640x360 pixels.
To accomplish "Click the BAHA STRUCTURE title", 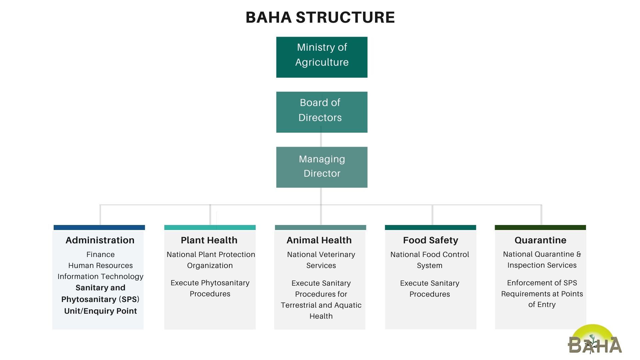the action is (x=320, y=17).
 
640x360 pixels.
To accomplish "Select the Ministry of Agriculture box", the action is (x=322, y=57).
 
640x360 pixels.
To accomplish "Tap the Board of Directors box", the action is (x=322, y=112).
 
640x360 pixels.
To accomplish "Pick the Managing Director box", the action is (x=322, y=167).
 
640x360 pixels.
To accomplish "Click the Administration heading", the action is (x=100, y=240).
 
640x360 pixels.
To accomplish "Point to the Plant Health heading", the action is (x=209, y=240).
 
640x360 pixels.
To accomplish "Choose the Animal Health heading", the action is (x=319, y=240).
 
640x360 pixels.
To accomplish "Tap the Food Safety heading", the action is (x=430, y=240).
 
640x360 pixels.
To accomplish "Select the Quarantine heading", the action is (x=540, y=240).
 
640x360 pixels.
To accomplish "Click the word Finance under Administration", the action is (x=100, y=254).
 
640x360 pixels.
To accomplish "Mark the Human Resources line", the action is (x=100, y=265).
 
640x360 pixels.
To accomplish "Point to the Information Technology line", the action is (x=100, y=277).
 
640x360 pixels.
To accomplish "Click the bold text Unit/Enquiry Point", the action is (x=100, y=311).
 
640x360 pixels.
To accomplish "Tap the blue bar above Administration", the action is (x=99, y=227).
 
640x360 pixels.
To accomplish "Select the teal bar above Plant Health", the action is (x=210, y=227).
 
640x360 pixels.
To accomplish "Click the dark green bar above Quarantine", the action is (x=540, y=227).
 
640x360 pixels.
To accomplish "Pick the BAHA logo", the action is (x=595, y=339).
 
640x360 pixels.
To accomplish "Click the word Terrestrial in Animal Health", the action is (x=298, y=305).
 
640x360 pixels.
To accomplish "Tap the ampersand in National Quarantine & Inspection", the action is (x=579, y=254).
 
